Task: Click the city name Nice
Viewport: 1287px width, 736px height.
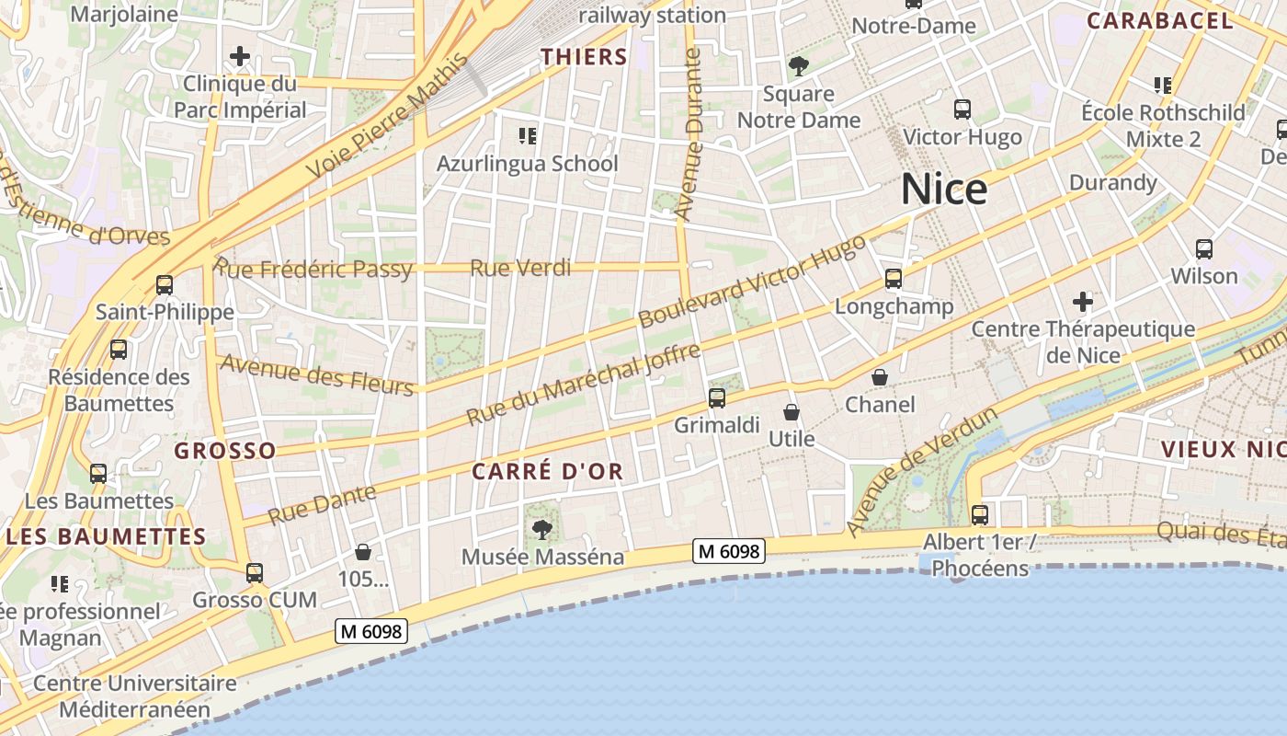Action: (944, 190)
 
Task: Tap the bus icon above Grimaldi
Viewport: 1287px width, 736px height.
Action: (717, 398)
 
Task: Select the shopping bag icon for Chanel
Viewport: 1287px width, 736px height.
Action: (880, 377)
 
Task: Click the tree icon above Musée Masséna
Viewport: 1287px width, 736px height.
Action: (542, 529)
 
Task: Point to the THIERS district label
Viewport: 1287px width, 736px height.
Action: (584, 57)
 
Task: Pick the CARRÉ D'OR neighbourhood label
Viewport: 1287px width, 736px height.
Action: (547, 472)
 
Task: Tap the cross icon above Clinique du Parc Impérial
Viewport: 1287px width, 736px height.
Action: (240, 57)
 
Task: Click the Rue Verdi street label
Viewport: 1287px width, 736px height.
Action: (520, 269)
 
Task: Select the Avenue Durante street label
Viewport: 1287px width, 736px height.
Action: (688, 133)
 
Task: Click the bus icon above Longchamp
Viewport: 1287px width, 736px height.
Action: (894, 279)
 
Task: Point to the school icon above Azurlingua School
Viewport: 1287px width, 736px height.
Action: (527, 136)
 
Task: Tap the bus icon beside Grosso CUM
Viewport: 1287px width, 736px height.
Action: (255, 572)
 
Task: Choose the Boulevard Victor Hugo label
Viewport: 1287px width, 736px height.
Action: (752, 281)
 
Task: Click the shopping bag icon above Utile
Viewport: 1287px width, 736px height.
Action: (792, 412)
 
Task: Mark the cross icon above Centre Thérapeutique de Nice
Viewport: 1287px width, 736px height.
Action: (1083, 302)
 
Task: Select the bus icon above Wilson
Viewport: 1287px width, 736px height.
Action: (1204, 249)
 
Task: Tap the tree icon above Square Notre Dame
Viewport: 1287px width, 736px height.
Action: (798, 66)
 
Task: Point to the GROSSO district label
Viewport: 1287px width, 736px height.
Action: (225, 451)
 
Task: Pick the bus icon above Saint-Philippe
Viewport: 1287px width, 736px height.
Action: (165, 285)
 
